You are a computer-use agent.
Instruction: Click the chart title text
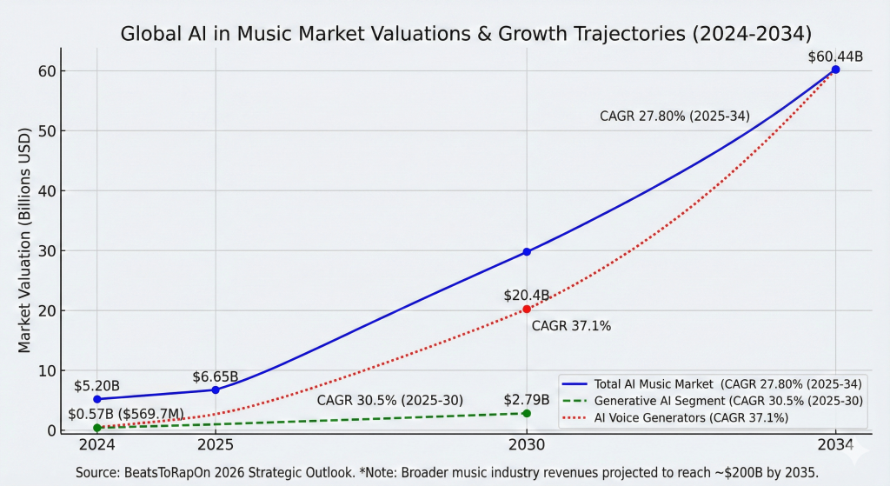pyautogui.click(x=465, y=34)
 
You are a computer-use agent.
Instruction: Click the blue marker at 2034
pyautogui.click(x=835, y=70)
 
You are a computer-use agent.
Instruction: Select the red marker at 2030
pyautogui.click(x=527, y=309)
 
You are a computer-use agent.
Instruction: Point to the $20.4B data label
pyautogui.click(x=527, y=296)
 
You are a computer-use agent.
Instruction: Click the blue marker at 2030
pyautogui.click(x=527, y=251)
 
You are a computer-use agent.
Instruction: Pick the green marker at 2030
pyautogui.click(x=527, y=413)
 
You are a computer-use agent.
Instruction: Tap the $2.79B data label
pyautogui.click(x=527, y=400)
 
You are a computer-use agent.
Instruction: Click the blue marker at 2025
pyautogui.click(x=215, y=389)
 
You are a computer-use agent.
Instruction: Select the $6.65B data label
pyautogui.click(x=216, y=376)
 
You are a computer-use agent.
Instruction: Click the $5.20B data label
pyautogui.click(x=96, y=385)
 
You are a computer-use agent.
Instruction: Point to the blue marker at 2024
pyautogui.click(x=96, y=399)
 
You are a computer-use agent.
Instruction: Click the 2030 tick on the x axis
pyautogui.click(x=527, y=445)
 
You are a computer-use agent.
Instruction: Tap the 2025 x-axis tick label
pyautogui.click(x=215, y=445)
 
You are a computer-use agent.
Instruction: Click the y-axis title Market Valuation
pyautogui.click(x=24, y=241)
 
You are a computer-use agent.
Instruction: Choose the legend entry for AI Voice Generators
pyautogui.click(x=691, y=418)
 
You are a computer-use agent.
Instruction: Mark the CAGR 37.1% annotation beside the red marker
pyautogui.click(x=571, y=326)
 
